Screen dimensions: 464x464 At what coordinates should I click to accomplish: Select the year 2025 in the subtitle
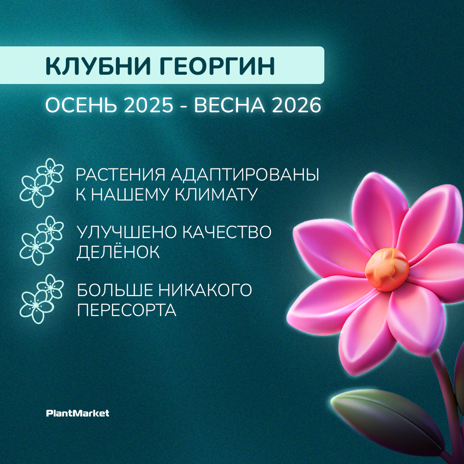(148, 105)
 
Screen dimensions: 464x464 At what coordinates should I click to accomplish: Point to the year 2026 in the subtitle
(296, 105)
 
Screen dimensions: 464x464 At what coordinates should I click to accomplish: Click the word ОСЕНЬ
(81, 105)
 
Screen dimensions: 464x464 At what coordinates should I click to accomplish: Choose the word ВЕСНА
(229, 105)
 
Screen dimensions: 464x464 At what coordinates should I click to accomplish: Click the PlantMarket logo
(78, 413)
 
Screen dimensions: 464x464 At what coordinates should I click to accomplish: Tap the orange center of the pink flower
(387, 270)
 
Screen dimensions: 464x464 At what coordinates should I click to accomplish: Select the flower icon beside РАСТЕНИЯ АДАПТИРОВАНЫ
(41, 183)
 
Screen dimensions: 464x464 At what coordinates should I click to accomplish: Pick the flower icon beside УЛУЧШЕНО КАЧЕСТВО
(41, 240)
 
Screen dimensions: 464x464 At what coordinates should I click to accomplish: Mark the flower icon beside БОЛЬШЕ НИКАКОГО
(41, 299)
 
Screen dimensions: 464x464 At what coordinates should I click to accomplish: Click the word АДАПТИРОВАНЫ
(245, 175)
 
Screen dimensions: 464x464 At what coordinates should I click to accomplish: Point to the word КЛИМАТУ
(216, 194)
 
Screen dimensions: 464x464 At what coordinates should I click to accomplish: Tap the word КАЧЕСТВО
(226, 232)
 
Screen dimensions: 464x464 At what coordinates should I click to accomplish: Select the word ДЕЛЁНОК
(118, 251)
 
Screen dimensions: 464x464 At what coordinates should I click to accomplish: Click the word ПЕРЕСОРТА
(127, 310)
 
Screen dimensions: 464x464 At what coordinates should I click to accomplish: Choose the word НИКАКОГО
(205, 290)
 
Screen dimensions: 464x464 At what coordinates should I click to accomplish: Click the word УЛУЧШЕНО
(126, 232)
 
